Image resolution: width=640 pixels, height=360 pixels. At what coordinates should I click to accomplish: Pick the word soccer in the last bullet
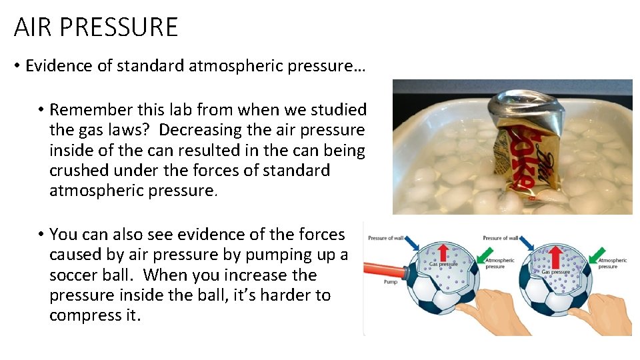coord(73,275)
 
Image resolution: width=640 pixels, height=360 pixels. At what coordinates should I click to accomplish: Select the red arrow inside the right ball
coord(557,251)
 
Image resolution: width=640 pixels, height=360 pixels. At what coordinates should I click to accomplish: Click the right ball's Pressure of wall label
coord(500,238)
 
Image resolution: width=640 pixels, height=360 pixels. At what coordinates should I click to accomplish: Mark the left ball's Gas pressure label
coord(443,265)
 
